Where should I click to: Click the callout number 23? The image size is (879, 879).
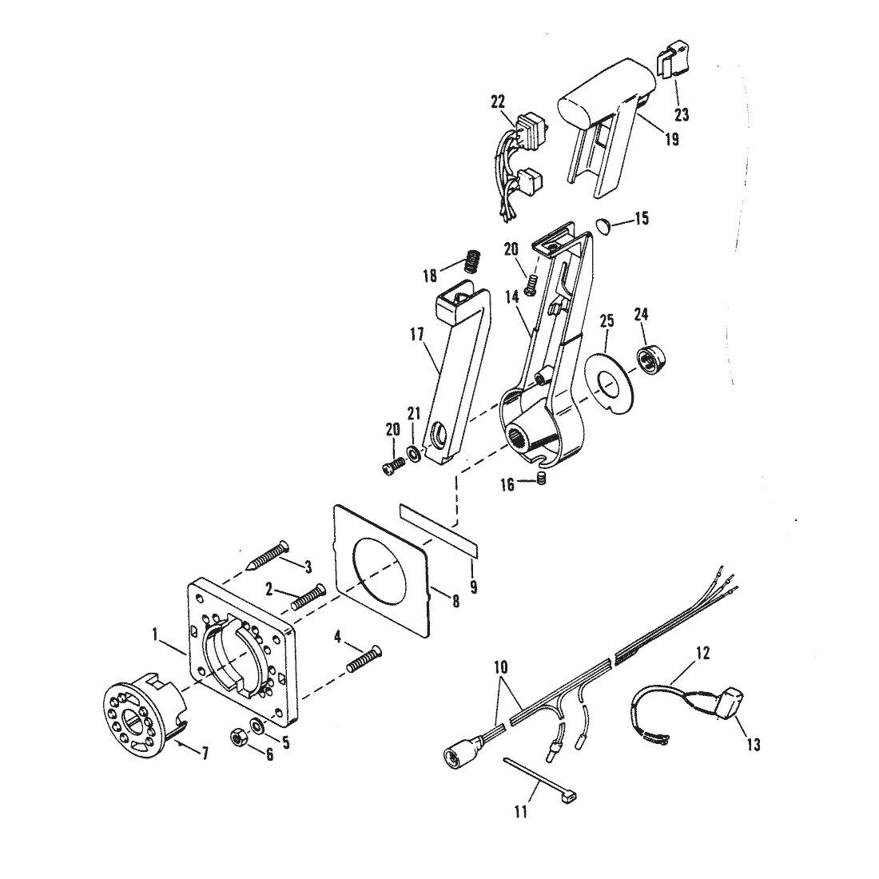tap(681, 114)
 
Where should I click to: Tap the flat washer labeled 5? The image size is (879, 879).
tap(258, 724)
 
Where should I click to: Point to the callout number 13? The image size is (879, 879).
tap(754, 745)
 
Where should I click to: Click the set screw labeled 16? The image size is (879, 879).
tap(541, 479)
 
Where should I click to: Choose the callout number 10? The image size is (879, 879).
tap(500, 666)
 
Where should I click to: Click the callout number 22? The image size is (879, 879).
tap(497, 101)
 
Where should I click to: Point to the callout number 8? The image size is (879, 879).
tap(455, 601)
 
